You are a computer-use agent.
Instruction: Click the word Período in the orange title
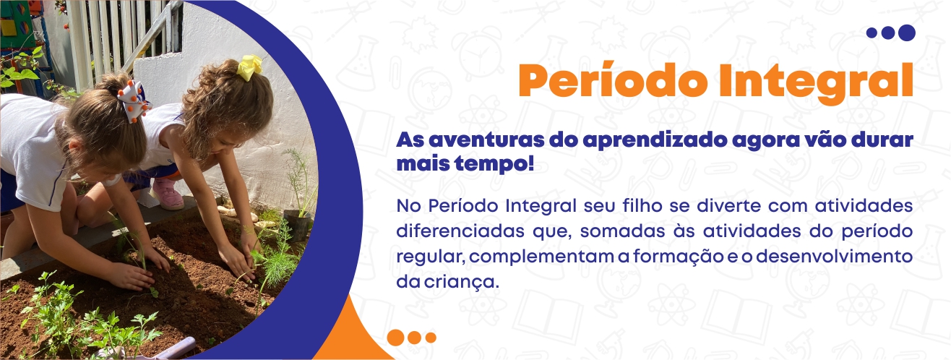pyautogui.click(x=613, y=81)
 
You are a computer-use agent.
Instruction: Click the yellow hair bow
pyautogui.click(x=250, y=67)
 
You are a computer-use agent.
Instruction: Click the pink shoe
pyautogui.click(x=168, y=194)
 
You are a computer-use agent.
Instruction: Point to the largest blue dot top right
pyautogui.click(x=907, y=33)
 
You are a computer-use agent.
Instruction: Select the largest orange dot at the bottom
pyautogui.click(x=396, y=338)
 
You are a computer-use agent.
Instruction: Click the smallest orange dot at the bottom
pyautogui.click(x=431, y=338)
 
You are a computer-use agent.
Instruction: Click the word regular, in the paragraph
pyautogui.click(x=431, y=257)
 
